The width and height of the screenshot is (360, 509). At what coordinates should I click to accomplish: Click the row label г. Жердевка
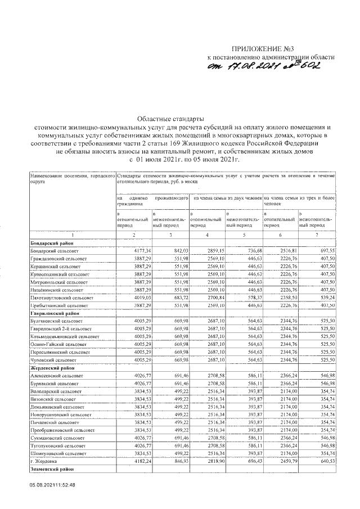pos(46,461)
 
